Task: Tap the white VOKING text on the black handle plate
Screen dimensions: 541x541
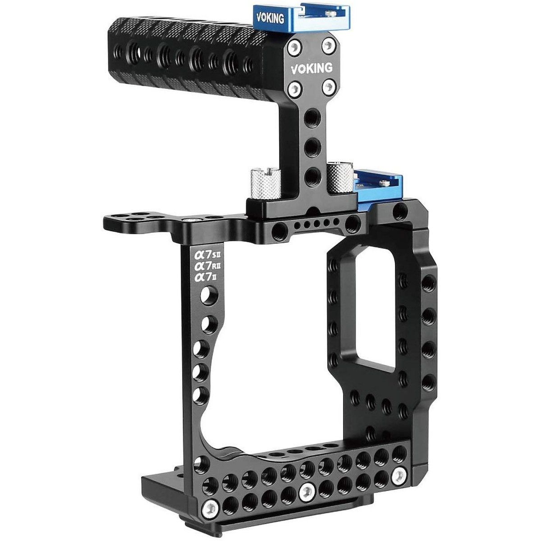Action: [312, 68]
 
